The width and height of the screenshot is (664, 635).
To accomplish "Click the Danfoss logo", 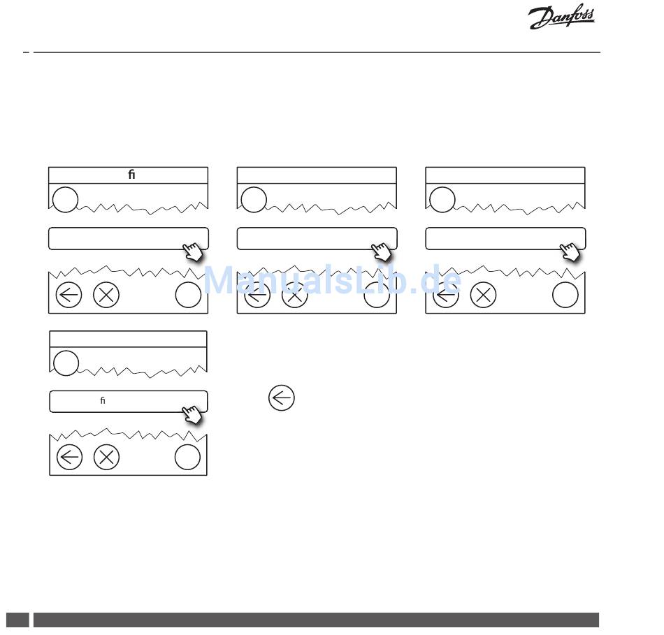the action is click(561, 17).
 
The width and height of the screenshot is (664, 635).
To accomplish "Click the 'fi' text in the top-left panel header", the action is click(131, 175).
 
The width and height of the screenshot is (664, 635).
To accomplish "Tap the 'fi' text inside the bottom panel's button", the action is click(103, 400).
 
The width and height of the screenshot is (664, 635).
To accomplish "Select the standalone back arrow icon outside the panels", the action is click(282, 398).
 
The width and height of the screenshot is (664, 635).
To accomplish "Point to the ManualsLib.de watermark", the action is click(333, 279).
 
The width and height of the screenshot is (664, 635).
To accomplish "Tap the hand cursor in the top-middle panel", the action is click(382, 252).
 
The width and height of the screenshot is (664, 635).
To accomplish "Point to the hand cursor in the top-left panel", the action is click(193, 252).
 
